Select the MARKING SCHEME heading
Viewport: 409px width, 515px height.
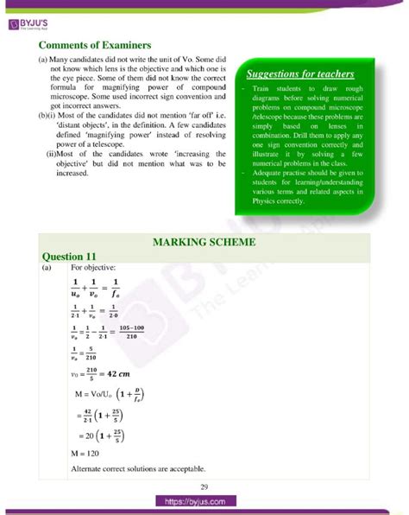tap(204, 243)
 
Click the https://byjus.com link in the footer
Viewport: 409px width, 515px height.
tap(204, 502)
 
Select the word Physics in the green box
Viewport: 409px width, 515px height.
tap(266, 200)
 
